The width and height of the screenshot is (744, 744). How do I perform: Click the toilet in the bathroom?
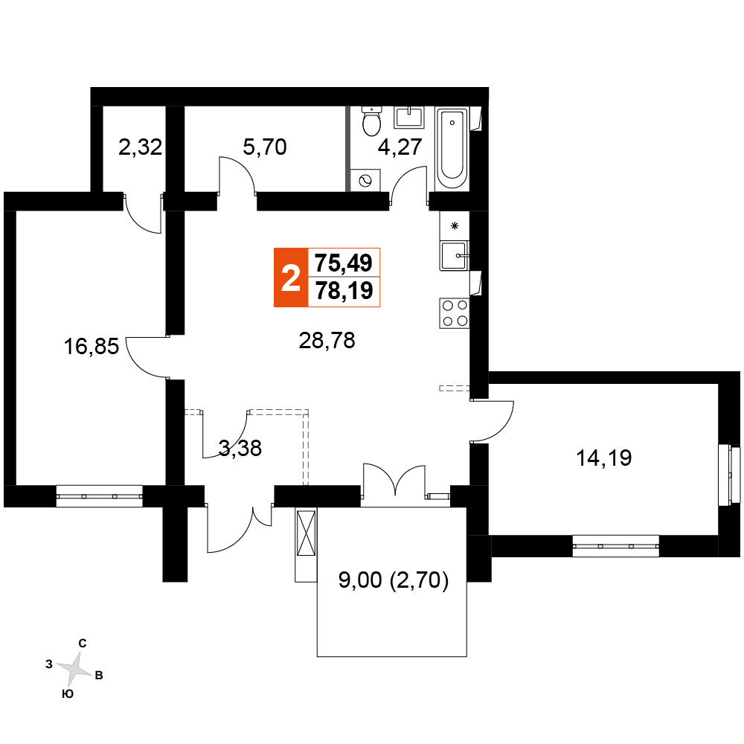(x=371, y=121)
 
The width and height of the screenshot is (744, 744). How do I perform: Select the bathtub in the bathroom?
(x=452, y=149)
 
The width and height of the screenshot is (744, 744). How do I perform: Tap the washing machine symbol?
(x=365, y=180)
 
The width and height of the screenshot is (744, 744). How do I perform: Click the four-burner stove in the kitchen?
(x=455, y=313)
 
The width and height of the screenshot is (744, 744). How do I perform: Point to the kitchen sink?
(x=454, y=256)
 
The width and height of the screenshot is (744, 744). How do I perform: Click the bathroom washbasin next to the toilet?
(x=408, y=118)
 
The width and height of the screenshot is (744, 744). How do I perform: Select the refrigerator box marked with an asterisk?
(x=454, y=226)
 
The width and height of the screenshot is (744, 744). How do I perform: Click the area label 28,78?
(x=327, y=340)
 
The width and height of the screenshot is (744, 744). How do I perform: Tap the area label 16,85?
(x=91, y=347)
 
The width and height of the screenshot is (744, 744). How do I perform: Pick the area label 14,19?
(x=603, y=458)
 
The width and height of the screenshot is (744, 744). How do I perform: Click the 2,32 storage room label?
(x=140, y=147)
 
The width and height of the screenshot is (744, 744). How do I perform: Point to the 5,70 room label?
(x=265, y=147)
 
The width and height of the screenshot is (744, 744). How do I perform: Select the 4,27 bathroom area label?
(x=400, y=147)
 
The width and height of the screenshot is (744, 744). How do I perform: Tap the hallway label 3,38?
(x=240, y=448)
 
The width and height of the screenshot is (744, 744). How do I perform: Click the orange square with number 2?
(x=291, y=278)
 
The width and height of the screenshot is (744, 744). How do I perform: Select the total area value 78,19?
(x=344, y=291)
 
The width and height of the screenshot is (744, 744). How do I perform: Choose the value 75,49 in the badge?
(x=344, y=263)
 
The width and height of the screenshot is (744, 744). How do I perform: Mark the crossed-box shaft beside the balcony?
(x=306, y=533)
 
